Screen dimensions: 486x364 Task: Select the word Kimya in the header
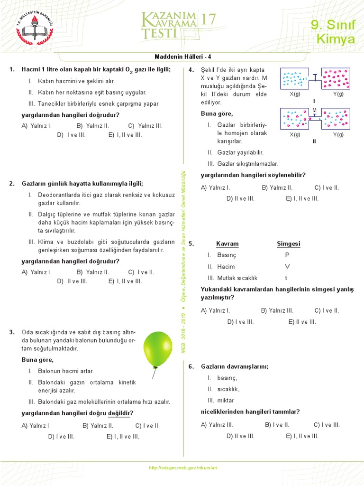click(x=335, y=39)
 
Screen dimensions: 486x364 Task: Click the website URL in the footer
click(x=183, y=468)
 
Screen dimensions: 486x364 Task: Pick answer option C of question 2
click(x=141, y=272)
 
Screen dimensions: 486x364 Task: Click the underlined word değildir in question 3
click(x=120, y=413)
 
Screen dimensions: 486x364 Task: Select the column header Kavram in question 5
click(x=227, y=244)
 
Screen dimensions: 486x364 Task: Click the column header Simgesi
click(x=288, y=244)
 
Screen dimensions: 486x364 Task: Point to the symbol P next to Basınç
click(x=287, y=255)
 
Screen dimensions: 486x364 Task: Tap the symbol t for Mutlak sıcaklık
click(x=286, y=278)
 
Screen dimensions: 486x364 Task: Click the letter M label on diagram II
click(x=314, y=110)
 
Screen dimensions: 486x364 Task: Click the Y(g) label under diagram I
click(x=338, y=94)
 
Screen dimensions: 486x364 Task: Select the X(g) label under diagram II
click(x=295, y=135)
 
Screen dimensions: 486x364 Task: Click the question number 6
click(x=191, y=367)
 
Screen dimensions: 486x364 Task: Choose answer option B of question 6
click(x=277, y=425)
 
